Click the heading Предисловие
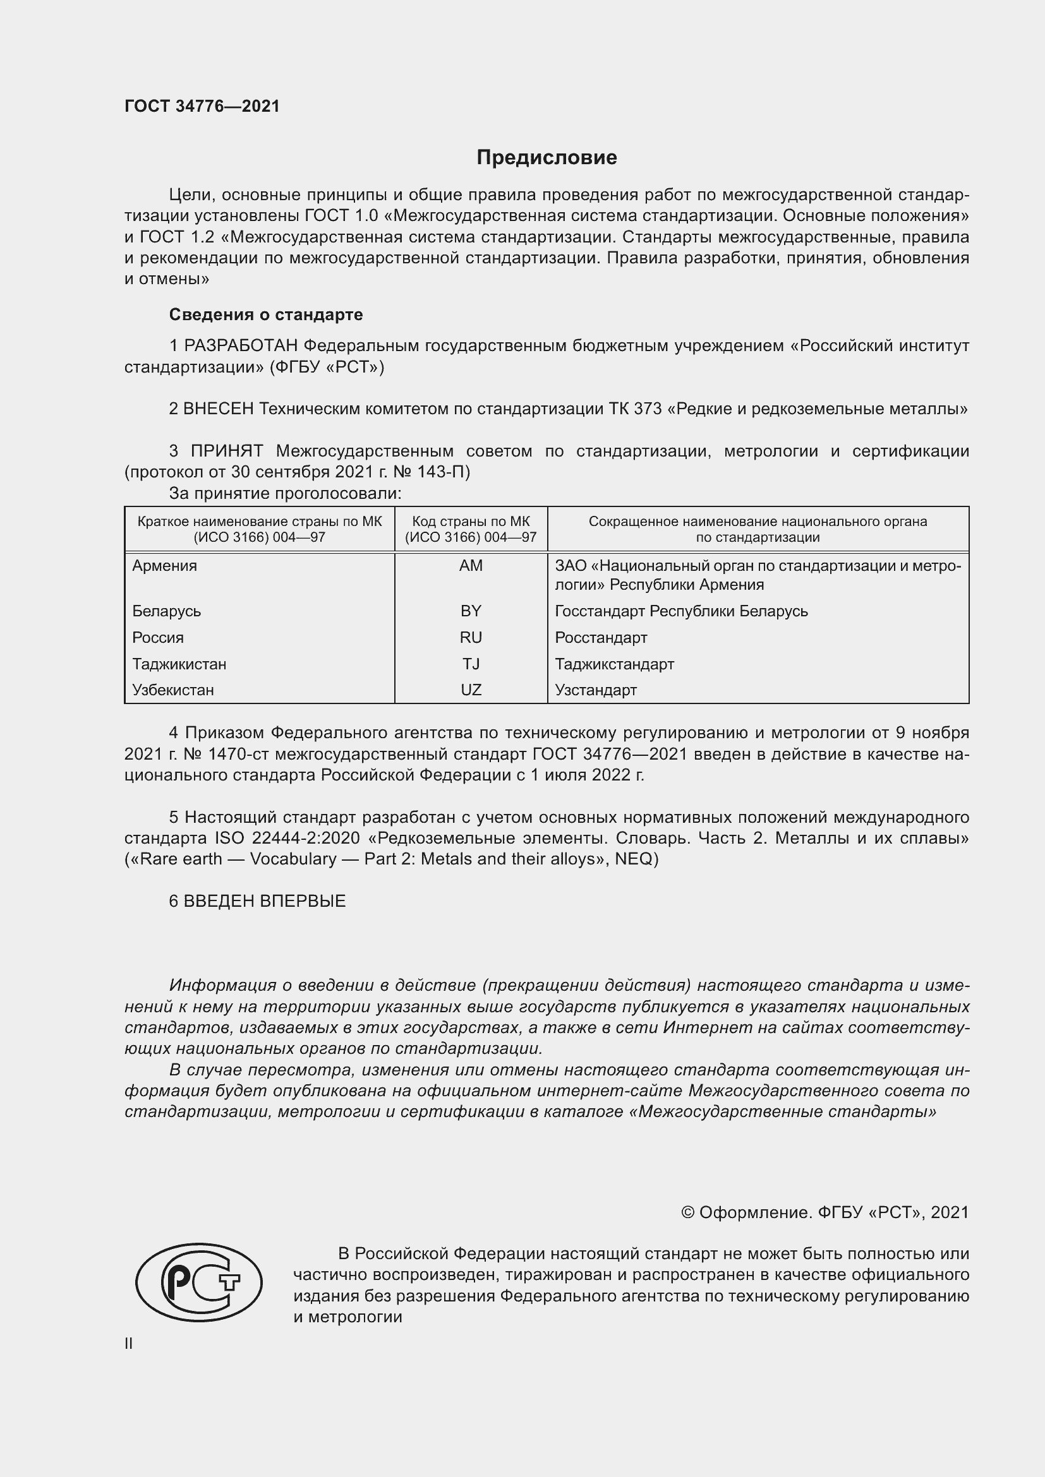tap(547, 158)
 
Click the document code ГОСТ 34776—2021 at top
tap(202, 106)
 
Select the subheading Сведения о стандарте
tap(266, 314)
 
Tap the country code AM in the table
tap(471, 565)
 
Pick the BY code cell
tap(471, 611)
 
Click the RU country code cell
tap(471, 638)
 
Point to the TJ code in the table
tap(471, 664)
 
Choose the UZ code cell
tap(471, 690)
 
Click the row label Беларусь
tap(167, 611)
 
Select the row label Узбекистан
tap(173, 690)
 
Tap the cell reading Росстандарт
tap(601, 638)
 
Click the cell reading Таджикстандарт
tap(615, 664)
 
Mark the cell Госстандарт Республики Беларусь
tap(682, 611)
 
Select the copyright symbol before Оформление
tap(687, 1212)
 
